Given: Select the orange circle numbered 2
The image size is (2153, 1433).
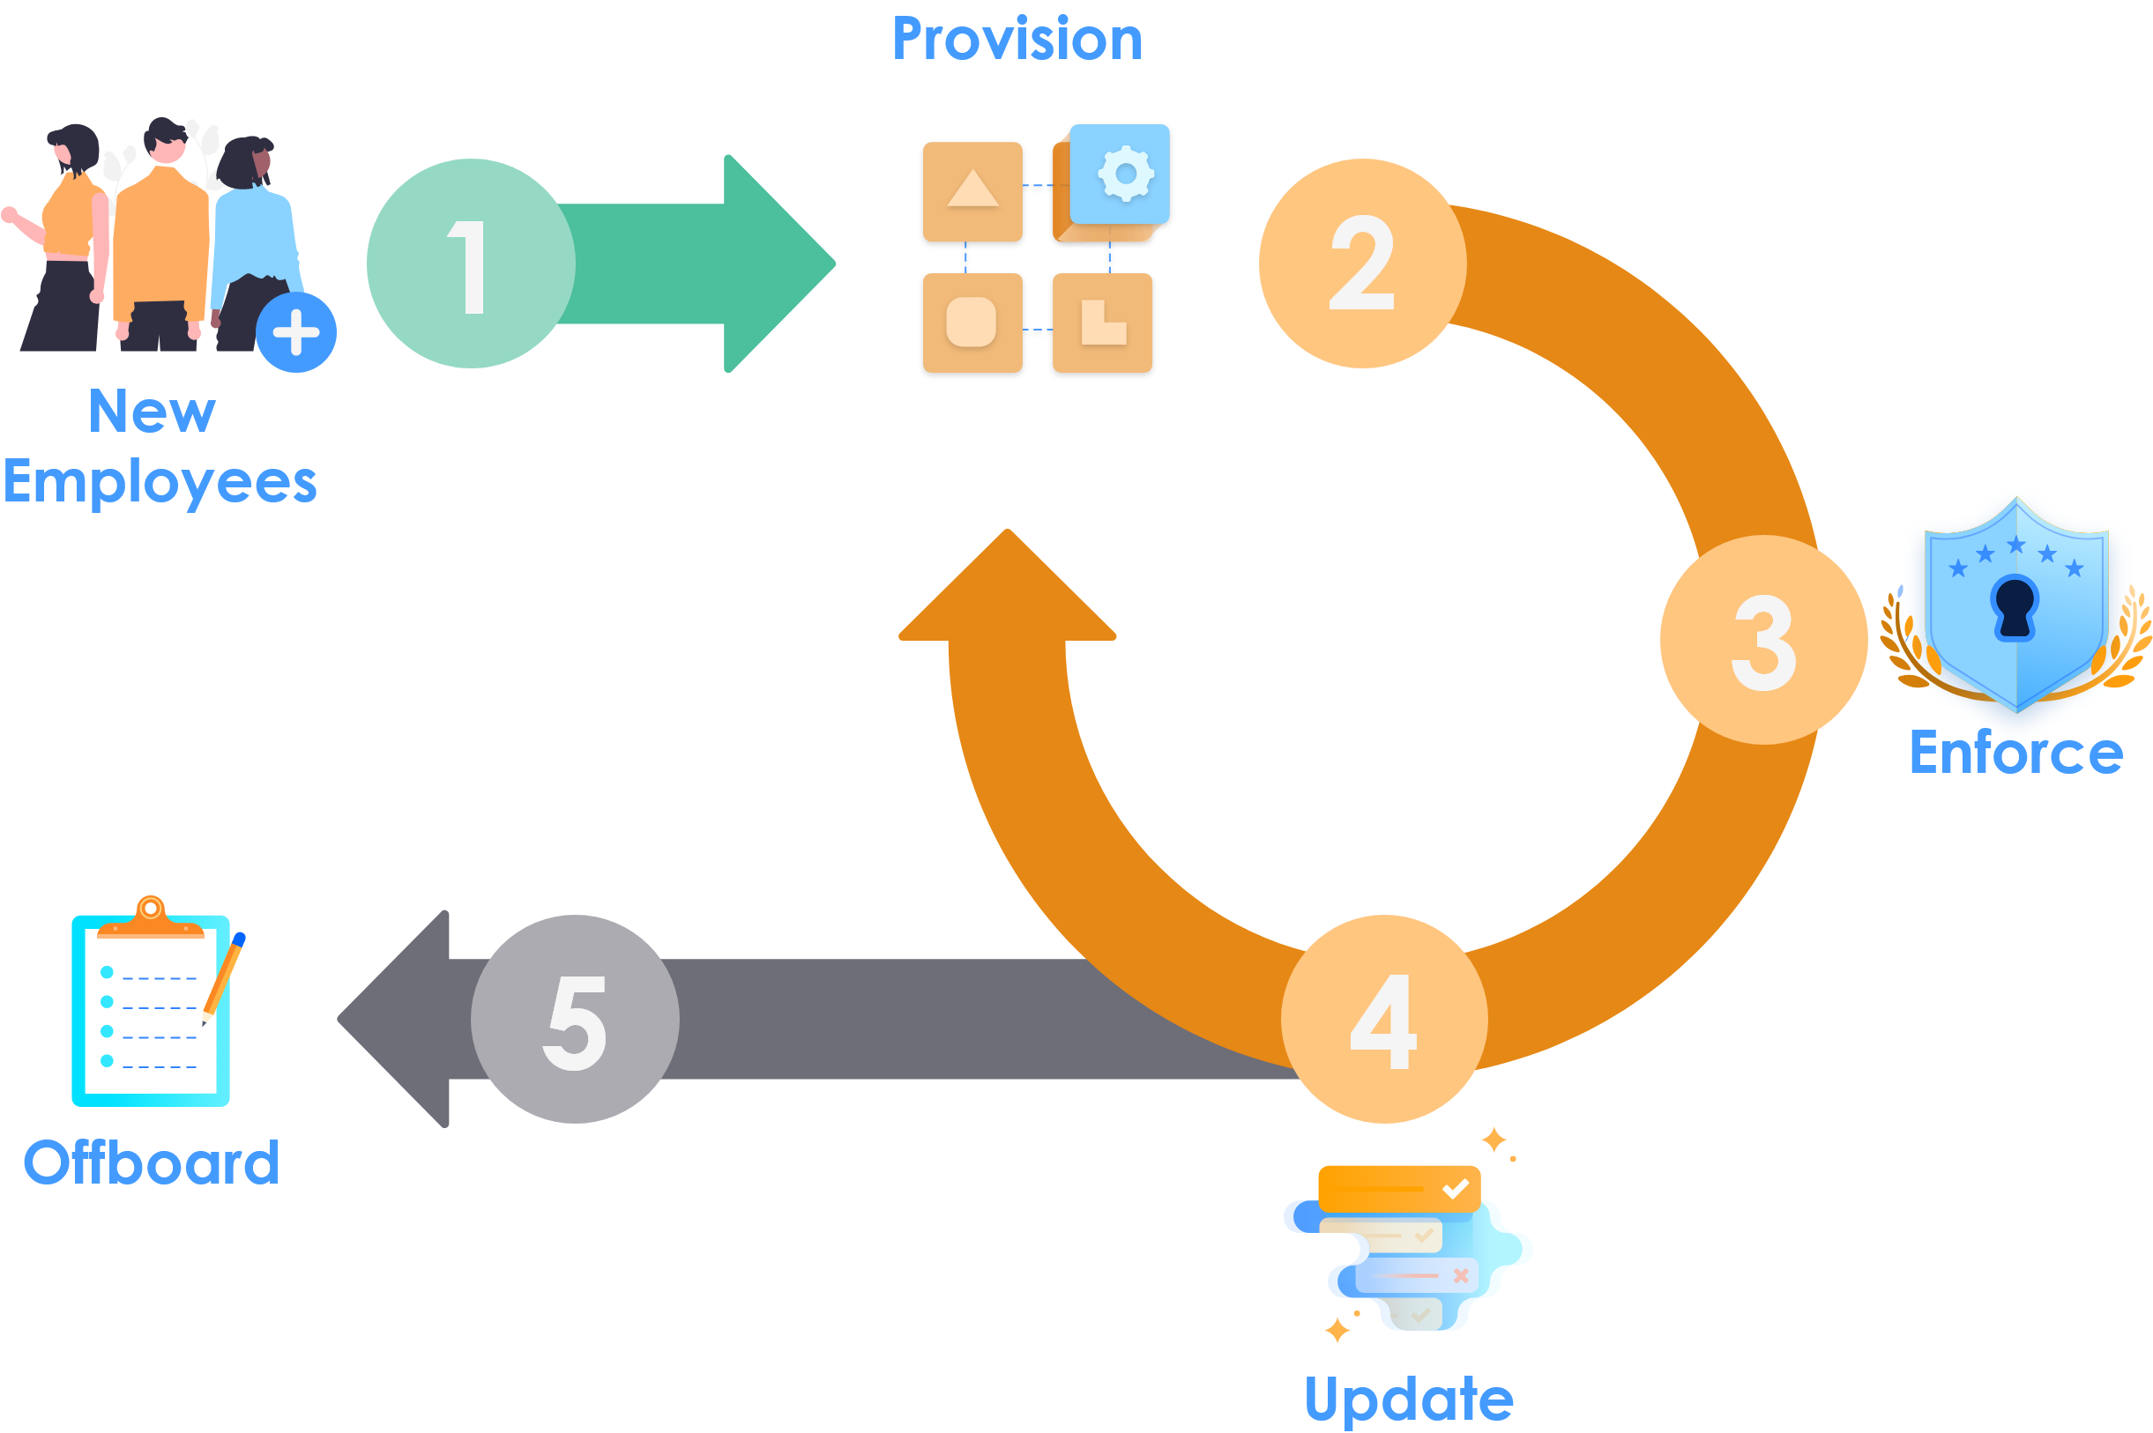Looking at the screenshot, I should coord(1362,264).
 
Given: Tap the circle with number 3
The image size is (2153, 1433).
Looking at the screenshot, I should coord(1762,640).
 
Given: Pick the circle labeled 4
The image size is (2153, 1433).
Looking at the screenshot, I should coord(1384,1020).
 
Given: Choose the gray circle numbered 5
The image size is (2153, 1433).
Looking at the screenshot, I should coord(575,1021).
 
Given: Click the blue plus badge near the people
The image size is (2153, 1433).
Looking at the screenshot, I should coord(296,334).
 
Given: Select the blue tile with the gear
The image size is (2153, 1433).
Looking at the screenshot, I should coord(1120,174).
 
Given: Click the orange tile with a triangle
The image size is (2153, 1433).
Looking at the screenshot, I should coord(972,191).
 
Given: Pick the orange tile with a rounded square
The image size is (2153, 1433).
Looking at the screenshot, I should coord(971,322).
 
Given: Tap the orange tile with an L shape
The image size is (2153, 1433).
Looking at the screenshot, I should coord(1103,323).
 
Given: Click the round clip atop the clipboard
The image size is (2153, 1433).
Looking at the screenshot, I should coord(151,909).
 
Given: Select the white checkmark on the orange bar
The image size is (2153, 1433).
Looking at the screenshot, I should coord(1455,1189).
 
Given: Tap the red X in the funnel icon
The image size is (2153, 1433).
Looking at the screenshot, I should coord(1460,1275).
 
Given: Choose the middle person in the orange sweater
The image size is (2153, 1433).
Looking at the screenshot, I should coord(163,228).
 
